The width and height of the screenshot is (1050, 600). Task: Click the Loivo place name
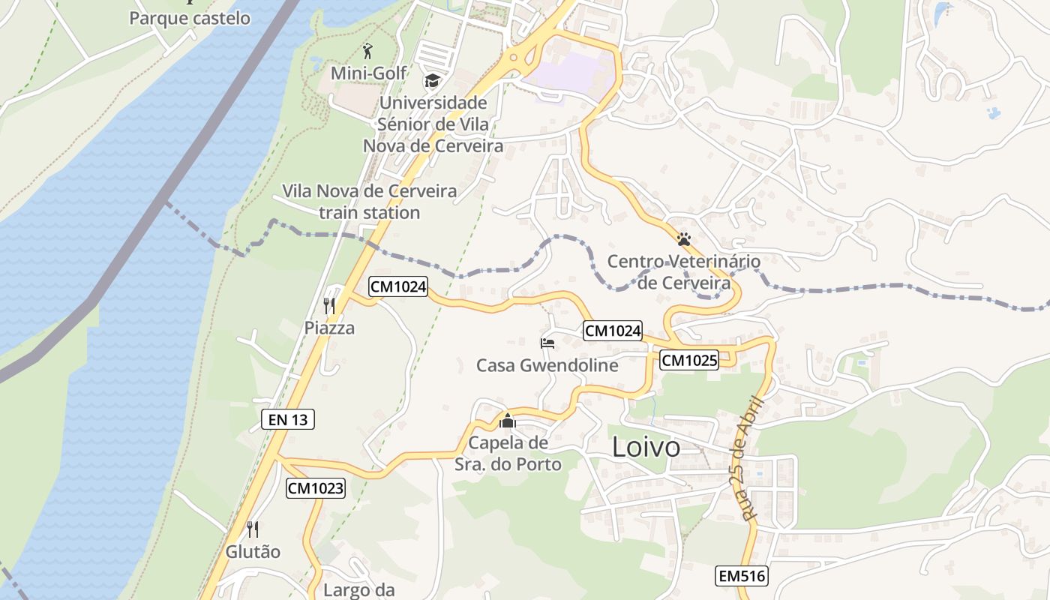coord(646,447)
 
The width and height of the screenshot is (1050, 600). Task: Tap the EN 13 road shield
coord(288,419)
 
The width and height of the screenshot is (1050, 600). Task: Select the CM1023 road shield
coord(316,488)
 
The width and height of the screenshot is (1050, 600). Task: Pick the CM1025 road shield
coord(689,361)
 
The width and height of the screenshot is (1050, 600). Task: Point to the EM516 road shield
coord(742,576)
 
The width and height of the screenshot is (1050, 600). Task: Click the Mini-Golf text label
coord(368,73)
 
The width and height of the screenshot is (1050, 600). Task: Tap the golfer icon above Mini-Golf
coord(367,51)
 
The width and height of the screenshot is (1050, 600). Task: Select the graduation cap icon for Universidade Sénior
coord(432,80)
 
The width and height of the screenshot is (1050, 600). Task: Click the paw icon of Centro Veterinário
coord(683,239)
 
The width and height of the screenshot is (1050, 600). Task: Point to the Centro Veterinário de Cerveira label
coord(683,272)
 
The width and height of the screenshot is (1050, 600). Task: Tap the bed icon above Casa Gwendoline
coord(547,343)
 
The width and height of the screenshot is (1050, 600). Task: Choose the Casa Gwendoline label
coord(547,365)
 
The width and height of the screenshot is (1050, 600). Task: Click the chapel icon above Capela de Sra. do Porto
coord(508,421)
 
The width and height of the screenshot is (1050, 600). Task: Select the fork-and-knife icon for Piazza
coord(329,305)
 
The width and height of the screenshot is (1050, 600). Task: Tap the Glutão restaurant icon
coord(253,529)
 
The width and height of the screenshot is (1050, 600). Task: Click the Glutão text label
coord(253,551)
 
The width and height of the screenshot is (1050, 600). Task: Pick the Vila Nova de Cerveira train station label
coord(369,202)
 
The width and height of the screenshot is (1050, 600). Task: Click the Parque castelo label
coord(190,18)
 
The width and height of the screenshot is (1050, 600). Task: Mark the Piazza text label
coord(329,328)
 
